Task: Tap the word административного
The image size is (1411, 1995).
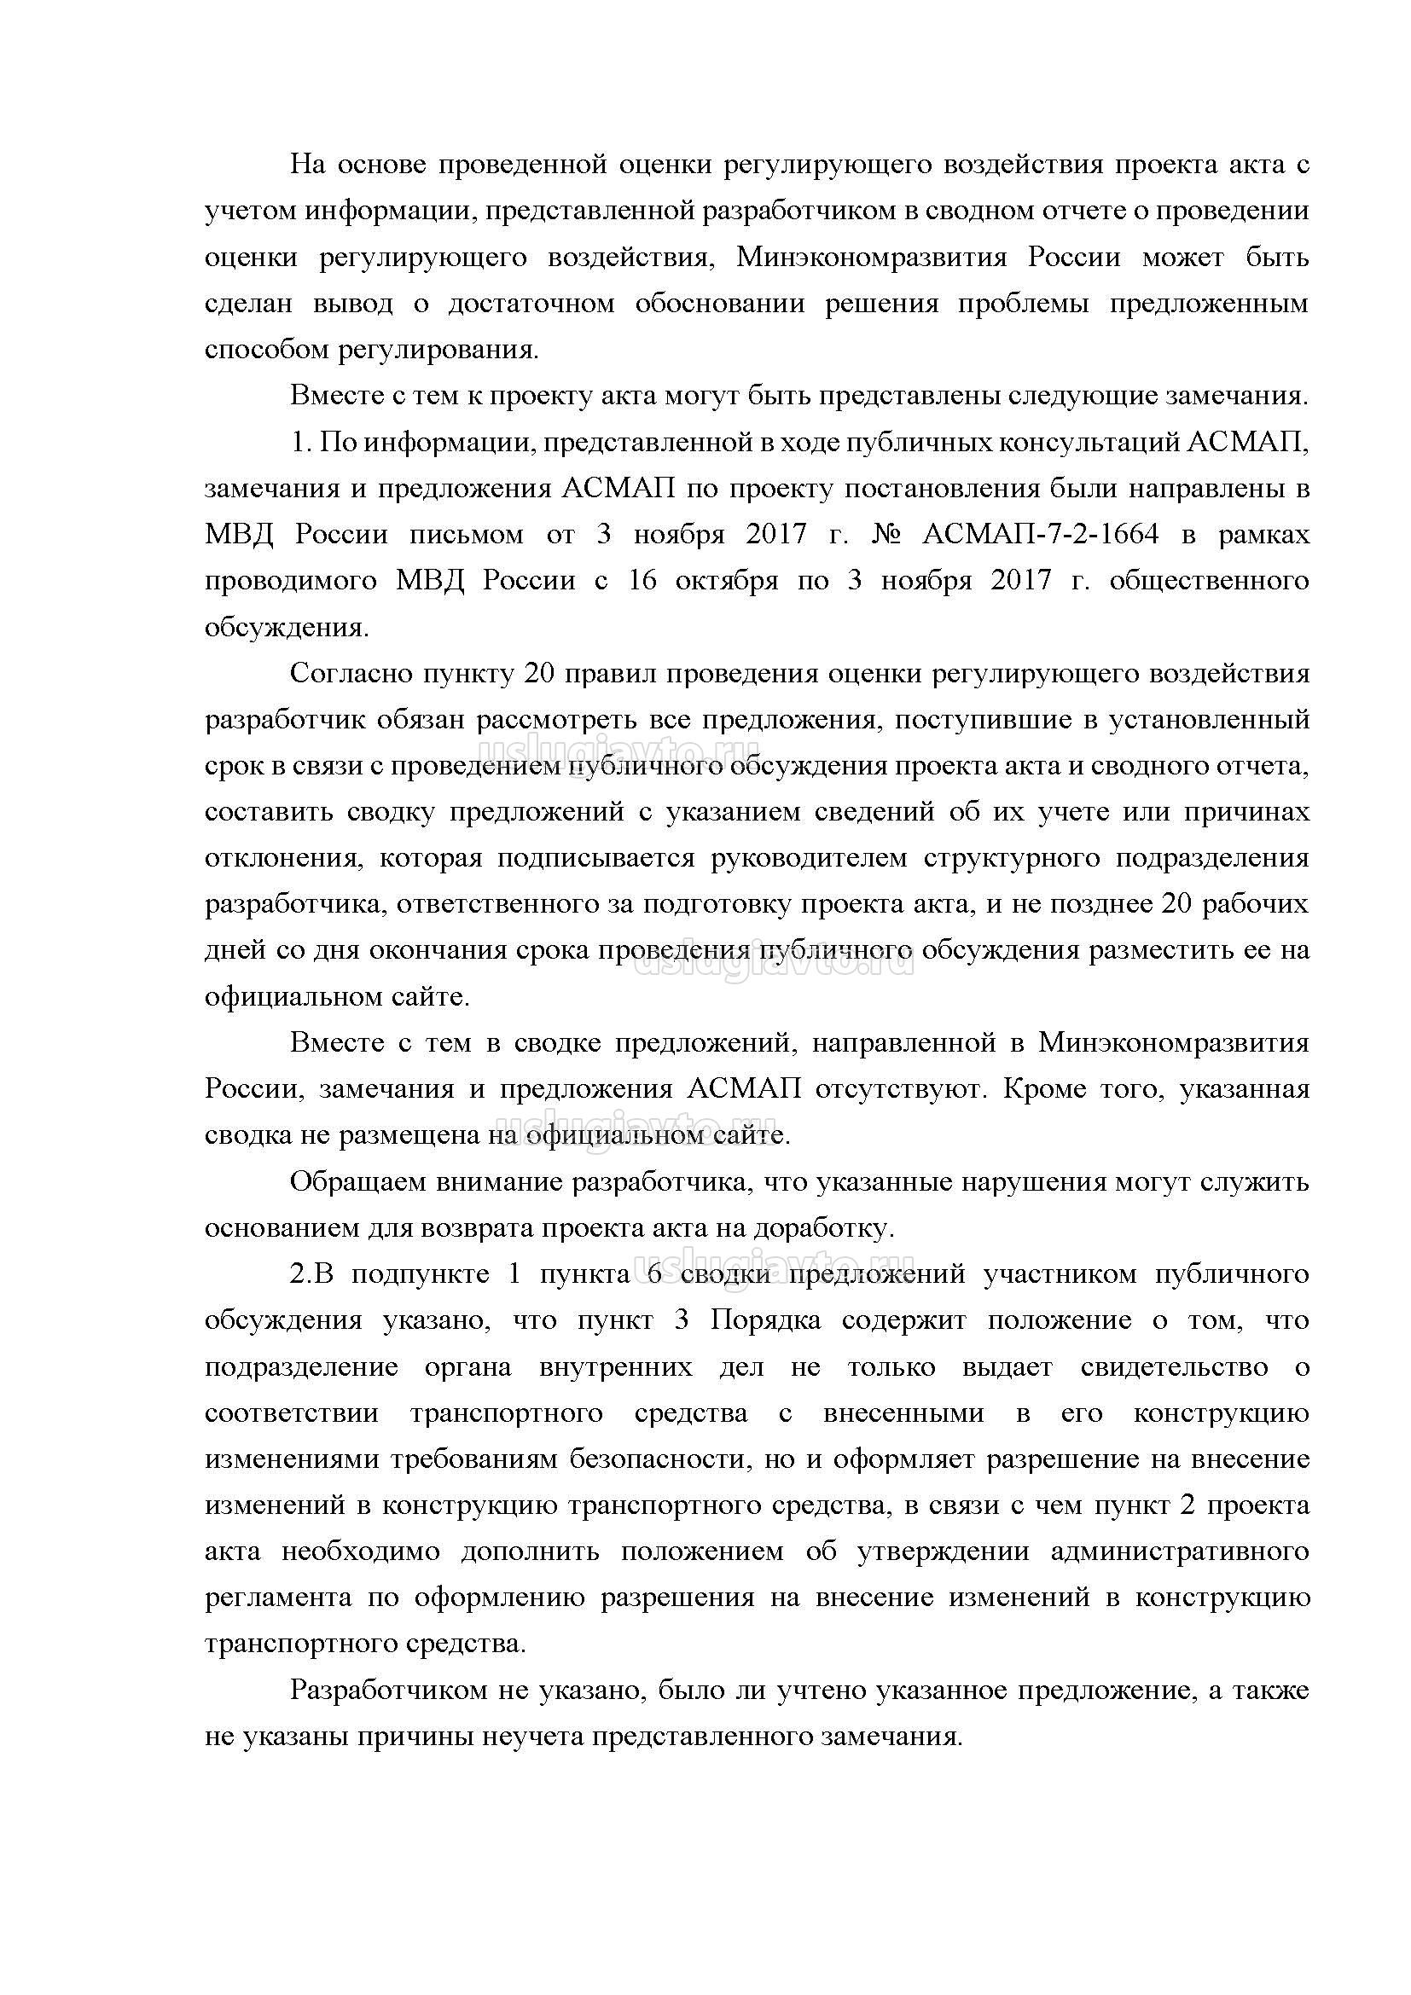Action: point(1179,1551)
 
